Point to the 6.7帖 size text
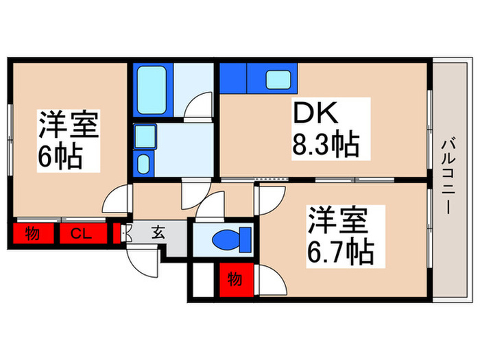tap(341, 253)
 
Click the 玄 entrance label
tap(158, 233)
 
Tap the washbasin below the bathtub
tap(143, 163)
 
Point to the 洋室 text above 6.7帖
tap(338, 221)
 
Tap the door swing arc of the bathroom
tap(200, 106)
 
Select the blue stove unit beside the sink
tap(234, 77)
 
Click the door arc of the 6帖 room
tap(115, 201)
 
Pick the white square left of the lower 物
tap(204, 280)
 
